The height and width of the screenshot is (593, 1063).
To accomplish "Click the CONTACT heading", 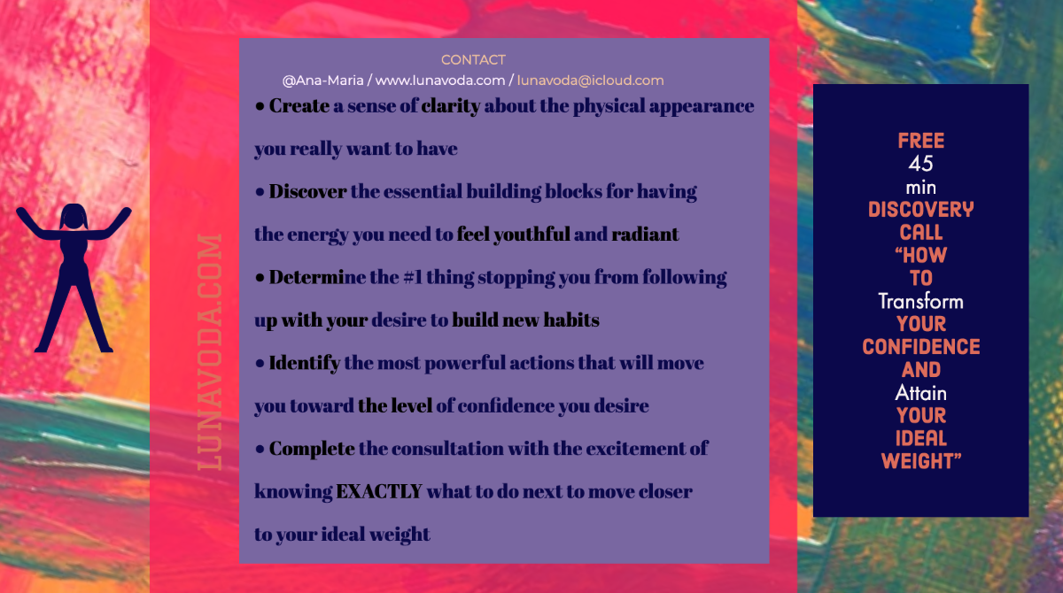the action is [x=473, y=60].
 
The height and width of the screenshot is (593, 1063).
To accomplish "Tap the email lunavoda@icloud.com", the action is [x=590, y=81].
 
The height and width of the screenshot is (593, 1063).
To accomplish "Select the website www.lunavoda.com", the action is [x=440, y=81].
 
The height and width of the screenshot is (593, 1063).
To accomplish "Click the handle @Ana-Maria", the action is [x=322, y=81].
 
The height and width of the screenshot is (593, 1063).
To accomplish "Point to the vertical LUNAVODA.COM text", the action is [x=210, y=351].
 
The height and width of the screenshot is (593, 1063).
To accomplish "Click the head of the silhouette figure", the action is [x=74, y=217].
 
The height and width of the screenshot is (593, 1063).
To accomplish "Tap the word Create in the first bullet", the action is [x=299, y=105].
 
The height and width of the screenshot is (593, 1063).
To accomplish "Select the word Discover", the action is [x=307, y=191].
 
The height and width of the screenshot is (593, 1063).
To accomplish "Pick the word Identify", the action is [x=304, y=364].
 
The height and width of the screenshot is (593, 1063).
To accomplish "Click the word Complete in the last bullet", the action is [x=312, y=450].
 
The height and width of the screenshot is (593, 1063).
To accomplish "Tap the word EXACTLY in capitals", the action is [x=379, y=491].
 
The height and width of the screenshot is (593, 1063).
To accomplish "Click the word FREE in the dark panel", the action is [x=921, y=141].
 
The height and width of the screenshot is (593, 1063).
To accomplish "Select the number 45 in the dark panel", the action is [x=921, y=164].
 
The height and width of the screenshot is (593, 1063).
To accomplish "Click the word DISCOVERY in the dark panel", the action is [x=921, y=210].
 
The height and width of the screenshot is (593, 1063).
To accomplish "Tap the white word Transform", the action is [x=920, y=302].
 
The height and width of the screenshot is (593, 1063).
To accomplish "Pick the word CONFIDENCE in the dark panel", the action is [x=921, y=347].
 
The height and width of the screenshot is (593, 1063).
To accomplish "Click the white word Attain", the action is [x=920, y=393].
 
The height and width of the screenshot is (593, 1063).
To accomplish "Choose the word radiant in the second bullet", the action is [x=645, y=235].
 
